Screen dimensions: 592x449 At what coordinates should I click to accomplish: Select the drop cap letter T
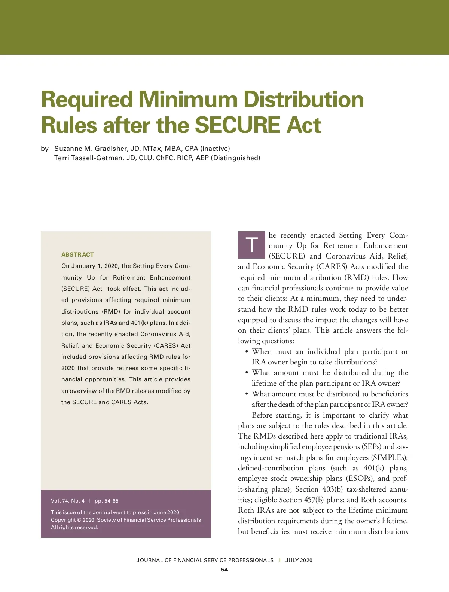(x=252, y=245)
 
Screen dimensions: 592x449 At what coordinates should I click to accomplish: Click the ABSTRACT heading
(x=77, y=254)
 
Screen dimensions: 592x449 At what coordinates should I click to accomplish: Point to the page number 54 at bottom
(x=224, y=570)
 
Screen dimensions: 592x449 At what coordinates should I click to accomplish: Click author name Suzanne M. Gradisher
(x=91, y=149)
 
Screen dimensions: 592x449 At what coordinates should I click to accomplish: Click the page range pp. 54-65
(x=107, y=501)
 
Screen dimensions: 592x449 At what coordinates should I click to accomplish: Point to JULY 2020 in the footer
(x=299, y=560)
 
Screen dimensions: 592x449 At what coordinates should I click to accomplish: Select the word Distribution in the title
(x=303, y=99)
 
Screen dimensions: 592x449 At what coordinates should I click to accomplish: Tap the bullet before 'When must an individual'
(x=247, y=352)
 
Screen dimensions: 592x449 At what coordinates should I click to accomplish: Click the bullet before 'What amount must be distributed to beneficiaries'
(x=247, y=394)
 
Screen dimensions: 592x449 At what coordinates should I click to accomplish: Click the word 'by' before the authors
(x=45, y=149)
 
